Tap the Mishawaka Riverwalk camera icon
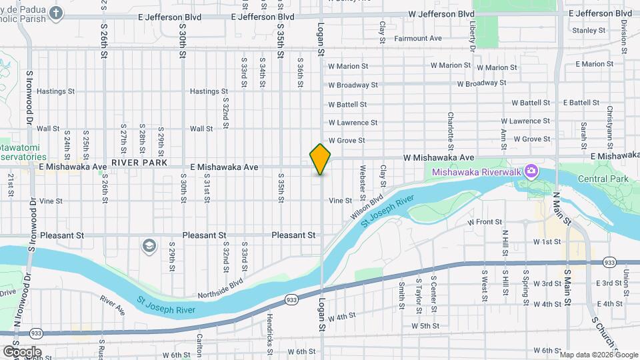click(531, 171)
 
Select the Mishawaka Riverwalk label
click(477, 172)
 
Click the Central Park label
click(603, 179)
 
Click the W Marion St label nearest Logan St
click(348, 66)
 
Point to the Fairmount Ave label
click(418, 39)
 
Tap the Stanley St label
click(589, 30)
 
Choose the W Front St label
click(485, 221)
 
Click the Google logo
click(22, 351)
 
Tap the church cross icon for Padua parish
click(56, 13)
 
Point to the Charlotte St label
click(451, 130)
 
